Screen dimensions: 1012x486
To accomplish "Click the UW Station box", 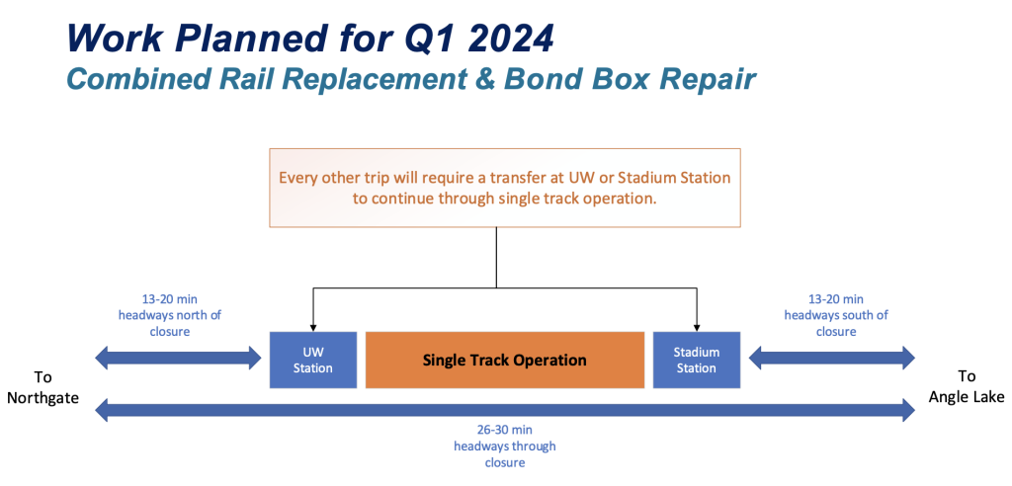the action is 313,360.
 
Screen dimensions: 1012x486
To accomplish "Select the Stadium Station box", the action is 697,360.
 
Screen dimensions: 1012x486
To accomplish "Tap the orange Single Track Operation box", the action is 505,360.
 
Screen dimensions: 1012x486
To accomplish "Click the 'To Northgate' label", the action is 42,387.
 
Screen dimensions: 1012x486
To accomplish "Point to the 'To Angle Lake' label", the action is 967,387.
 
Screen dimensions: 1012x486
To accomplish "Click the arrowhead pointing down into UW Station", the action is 313,327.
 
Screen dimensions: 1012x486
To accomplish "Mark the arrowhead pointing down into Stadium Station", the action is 697,327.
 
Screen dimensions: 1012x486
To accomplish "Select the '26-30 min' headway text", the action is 505,431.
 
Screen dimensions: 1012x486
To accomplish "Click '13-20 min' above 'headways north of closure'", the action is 169,299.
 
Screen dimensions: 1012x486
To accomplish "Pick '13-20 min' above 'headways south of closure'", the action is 836,299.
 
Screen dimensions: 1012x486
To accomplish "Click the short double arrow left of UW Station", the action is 178,357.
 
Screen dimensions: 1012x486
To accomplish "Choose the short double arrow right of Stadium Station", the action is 832,357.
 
